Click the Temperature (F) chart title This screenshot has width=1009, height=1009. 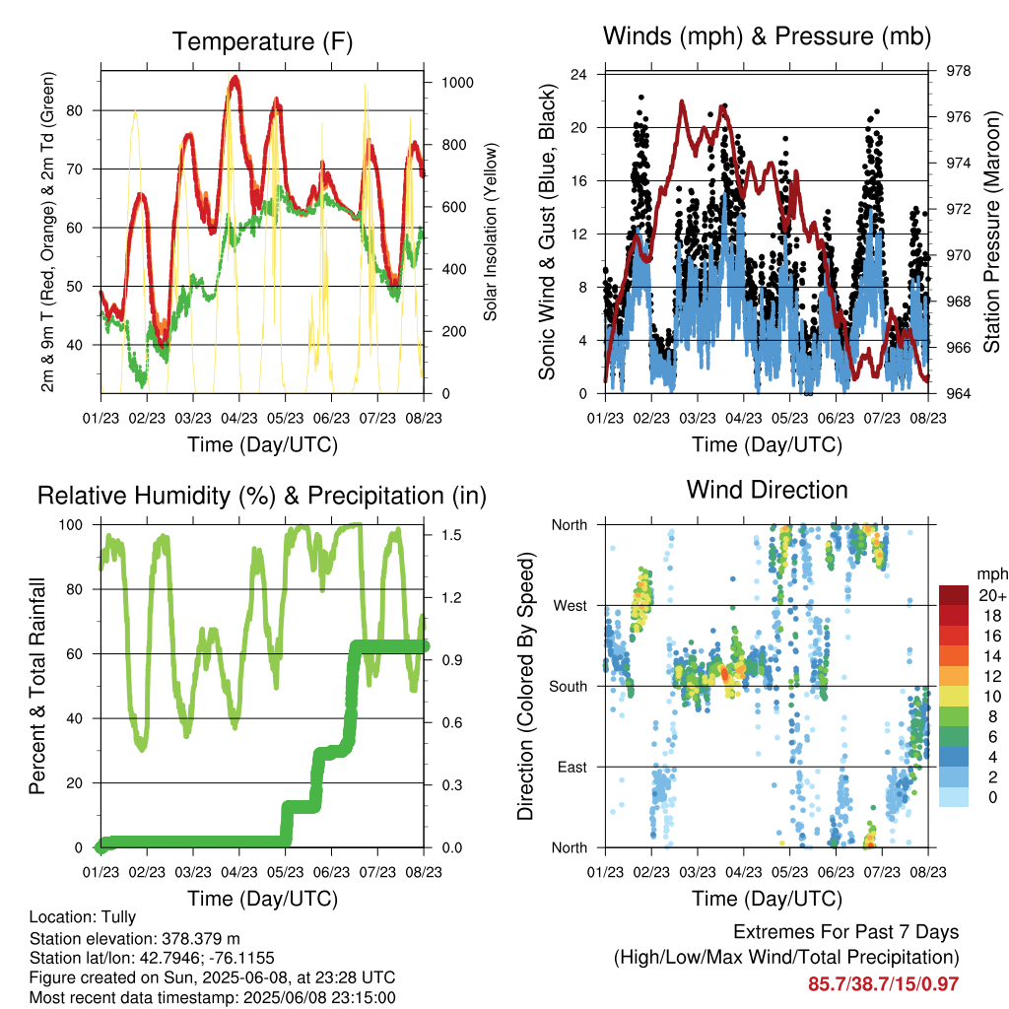[x=262, y=41]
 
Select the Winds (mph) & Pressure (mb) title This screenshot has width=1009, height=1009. [x=767, y=36]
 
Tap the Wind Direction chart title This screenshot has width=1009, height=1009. [x=767, y=490]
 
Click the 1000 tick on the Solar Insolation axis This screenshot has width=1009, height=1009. [x=457, y=83]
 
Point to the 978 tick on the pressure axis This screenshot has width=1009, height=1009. [x=958, y=71]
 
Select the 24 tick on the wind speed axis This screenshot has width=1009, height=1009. [x=578, y=75]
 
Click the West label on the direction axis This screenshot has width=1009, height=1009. [x=571, y=606]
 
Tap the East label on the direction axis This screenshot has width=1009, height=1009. [x=572, y=767]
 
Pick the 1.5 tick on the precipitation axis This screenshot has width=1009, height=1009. [x=451, y=535]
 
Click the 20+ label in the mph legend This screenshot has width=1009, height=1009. [x=992, y=595]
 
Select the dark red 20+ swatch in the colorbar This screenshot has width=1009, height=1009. [x=954, y=595]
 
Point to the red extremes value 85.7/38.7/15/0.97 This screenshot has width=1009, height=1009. [x=884, y=984]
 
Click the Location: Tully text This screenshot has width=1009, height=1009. [x=83, y=917]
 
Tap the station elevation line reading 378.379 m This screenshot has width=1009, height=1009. [x=134, y=938]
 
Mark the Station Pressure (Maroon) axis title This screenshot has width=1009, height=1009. [x=991, y=232]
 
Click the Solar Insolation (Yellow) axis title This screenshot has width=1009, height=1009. [x=491, y=232]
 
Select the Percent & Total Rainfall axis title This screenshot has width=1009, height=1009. [x=37, y=686]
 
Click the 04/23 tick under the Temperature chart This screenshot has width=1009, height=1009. [x=239, y=418]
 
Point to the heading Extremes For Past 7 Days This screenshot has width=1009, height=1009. [x=846, y=932]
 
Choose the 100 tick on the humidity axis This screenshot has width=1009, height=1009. [x=71, y=524]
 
